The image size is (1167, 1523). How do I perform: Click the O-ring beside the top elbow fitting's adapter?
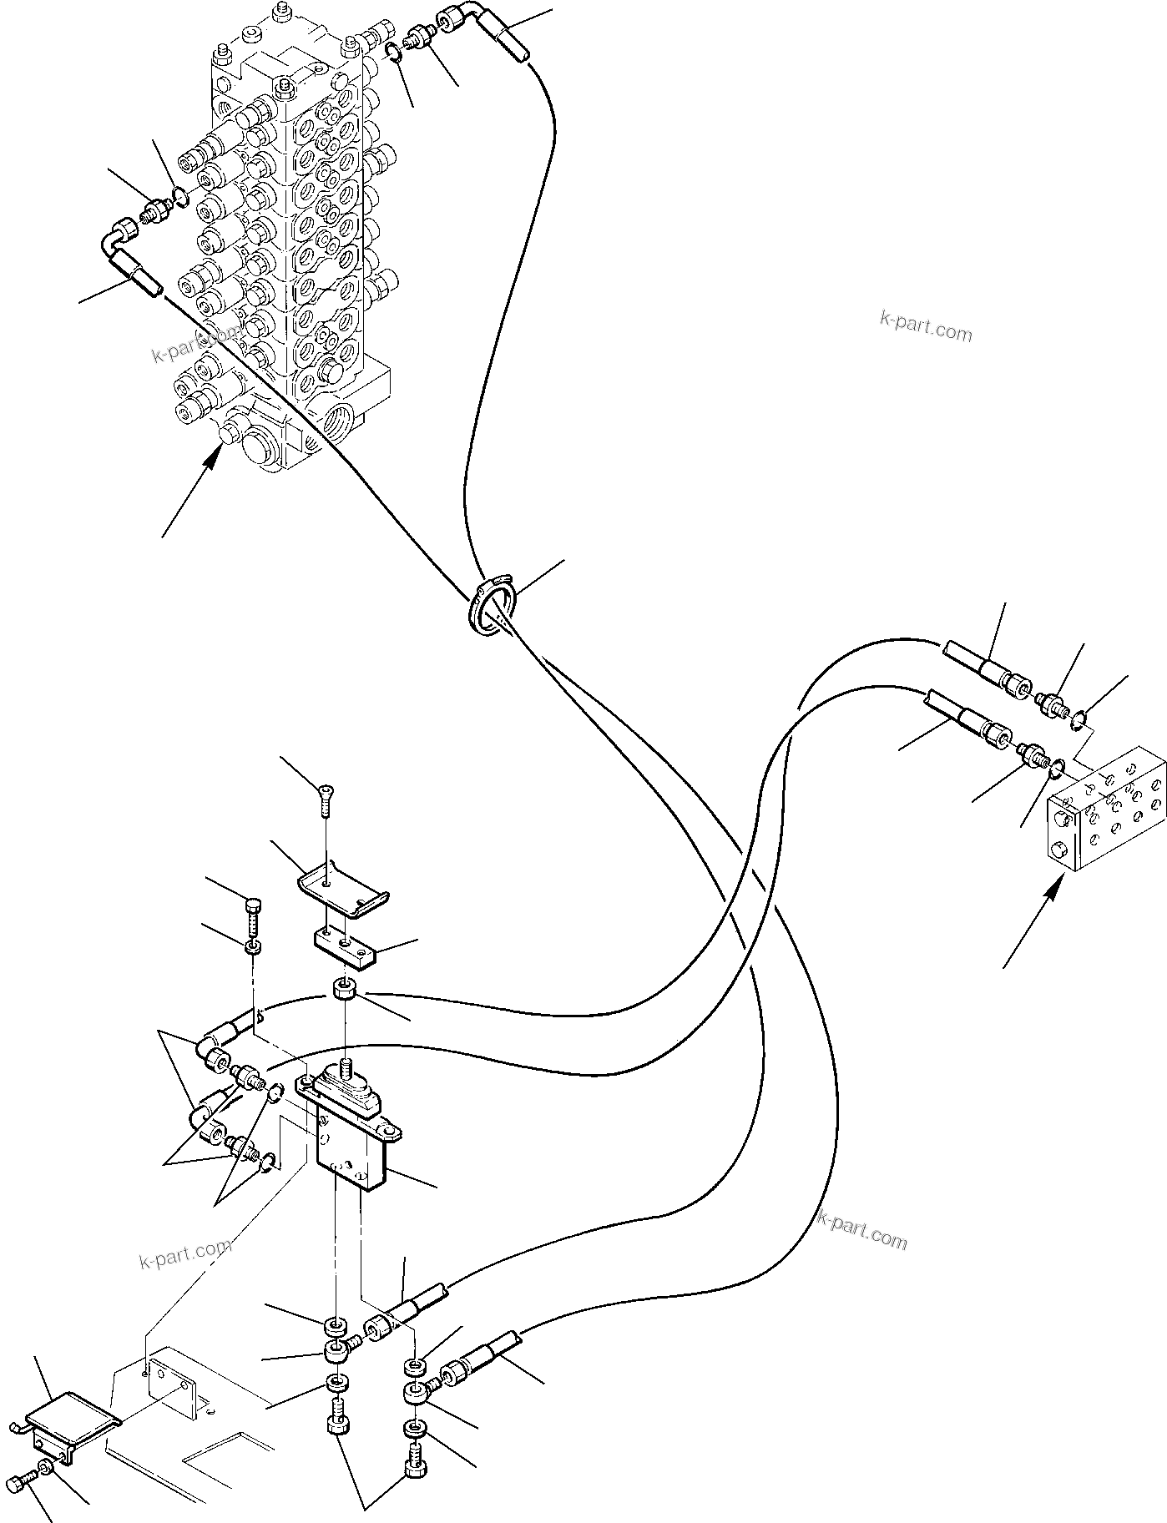point(394,54)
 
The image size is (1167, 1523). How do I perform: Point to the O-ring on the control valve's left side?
point(178,199)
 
